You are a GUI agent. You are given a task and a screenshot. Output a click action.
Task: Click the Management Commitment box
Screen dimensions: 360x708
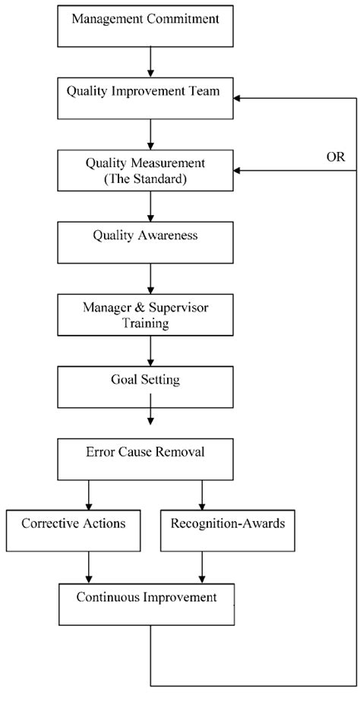pos(145,26)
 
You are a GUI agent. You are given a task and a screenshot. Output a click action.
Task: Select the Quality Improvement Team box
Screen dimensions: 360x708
pos(145,98)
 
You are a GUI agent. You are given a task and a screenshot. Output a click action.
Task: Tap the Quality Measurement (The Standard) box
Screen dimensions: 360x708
pos(145,170)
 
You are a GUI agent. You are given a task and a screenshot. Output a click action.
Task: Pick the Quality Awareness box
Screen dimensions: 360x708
pos(145,242)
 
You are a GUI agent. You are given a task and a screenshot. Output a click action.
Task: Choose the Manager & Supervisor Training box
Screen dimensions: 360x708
pos(145,314)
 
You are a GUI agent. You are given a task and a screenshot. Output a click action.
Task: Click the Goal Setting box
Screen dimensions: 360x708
pos(145,387)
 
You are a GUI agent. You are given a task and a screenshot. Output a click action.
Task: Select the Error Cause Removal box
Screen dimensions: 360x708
pos(145,459)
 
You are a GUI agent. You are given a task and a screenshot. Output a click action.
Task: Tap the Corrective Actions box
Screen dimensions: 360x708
pos(73,530)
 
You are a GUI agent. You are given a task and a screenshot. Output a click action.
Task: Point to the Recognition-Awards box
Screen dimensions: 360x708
pos(228,530)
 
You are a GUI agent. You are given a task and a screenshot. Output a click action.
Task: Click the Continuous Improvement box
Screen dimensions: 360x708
pos(147,604)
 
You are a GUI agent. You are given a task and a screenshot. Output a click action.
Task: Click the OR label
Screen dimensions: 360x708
pos(335,157)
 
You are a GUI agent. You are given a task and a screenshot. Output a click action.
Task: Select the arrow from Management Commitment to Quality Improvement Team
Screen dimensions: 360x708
pos(150,62)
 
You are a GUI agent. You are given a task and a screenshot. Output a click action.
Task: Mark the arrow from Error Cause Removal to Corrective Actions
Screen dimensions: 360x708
pos(89,495)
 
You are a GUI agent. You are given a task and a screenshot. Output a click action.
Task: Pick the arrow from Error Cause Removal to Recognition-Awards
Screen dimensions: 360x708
pos(201,495)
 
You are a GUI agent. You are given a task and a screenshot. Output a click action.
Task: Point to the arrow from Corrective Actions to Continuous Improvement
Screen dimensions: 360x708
pos(89,567)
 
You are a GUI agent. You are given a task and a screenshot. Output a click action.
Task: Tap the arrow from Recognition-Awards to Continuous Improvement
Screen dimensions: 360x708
pos(201,567)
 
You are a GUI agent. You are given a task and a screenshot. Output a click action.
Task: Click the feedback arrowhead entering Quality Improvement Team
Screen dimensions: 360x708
pos(237,98)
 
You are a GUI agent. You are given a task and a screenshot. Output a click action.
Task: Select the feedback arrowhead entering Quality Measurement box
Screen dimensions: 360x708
pos(237,170)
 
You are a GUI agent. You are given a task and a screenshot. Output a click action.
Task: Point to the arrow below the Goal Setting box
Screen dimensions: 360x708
pos(150,409)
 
